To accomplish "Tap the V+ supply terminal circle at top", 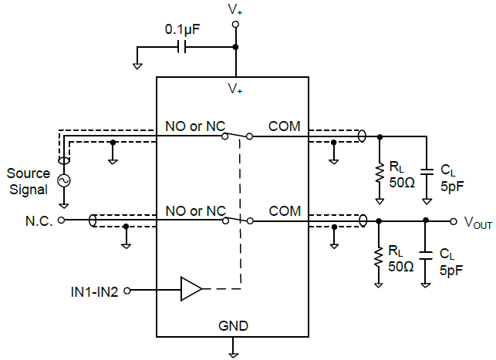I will (235, 25).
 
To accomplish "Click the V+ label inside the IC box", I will (235, 89).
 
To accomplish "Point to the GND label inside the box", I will (233, 326).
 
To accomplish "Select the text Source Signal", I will (29, 181).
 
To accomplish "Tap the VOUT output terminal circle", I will (453, 220).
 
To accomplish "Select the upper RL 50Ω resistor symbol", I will (379, 173).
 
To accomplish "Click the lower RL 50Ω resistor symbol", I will (379, 257).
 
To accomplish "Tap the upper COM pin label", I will (284, 126).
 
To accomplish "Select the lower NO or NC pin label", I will (195, 210).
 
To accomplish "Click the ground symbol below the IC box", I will (233, 353).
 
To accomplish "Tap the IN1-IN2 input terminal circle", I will (127, 291).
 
